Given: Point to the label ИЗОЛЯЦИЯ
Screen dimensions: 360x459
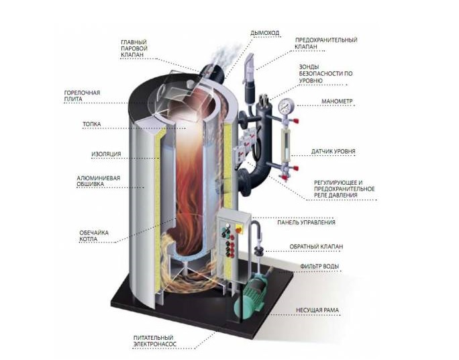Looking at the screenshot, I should coord(106,154).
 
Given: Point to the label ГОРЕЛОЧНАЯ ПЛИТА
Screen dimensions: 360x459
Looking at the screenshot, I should coord(82,95).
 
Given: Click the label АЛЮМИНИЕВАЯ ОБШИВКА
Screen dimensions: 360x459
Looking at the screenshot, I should coord(99,182).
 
